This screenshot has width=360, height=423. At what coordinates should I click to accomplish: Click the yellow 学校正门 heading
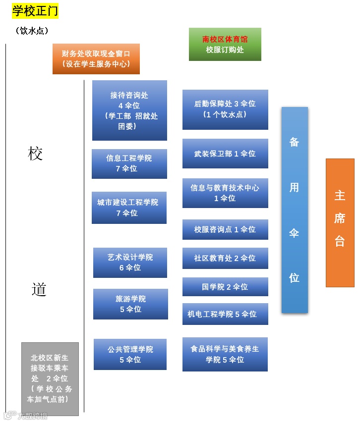[35, 10]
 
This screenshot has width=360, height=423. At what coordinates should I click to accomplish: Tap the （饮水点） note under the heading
[32, 31]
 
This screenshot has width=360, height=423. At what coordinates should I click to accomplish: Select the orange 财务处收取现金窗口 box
[96, 59]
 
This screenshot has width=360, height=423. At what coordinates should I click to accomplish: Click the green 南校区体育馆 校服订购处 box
[225, 44]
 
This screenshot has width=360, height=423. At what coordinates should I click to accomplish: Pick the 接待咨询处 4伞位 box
[129, 110]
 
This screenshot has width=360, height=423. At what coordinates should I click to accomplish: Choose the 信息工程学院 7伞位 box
[129, 163]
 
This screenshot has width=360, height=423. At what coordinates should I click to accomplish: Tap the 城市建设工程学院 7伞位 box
[129, 208]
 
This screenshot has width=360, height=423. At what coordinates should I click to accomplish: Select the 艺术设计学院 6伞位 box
[130, 263]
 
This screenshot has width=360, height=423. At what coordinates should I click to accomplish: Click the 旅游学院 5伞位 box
[130, 304]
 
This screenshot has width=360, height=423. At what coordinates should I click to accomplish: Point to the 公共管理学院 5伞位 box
[130, 354]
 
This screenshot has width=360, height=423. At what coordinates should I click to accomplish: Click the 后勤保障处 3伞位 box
[225, 109]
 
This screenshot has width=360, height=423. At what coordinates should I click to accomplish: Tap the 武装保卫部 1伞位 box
[225, 154]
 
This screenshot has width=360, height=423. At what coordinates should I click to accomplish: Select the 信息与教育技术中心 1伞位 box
[225, 193]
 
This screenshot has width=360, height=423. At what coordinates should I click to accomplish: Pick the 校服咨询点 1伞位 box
[225, 229]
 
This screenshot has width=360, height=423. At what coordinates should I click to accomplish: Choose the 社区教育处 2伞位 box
[225, 258]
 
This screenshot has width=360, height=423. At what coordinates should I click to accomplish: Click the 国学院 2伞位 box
[225, 287]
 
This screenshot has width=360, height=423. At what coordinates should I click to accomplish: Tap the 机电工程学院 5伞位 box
[225, 314]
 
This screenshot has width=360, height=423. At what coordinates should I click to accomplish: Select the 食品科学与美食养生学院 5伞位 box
[225, 354]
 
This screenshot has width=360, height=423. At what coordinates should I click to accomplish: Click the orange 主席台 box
[340, 222]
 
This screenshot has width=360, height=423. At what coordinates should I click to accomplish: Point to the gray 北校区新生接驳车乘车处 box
[50, 378]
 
